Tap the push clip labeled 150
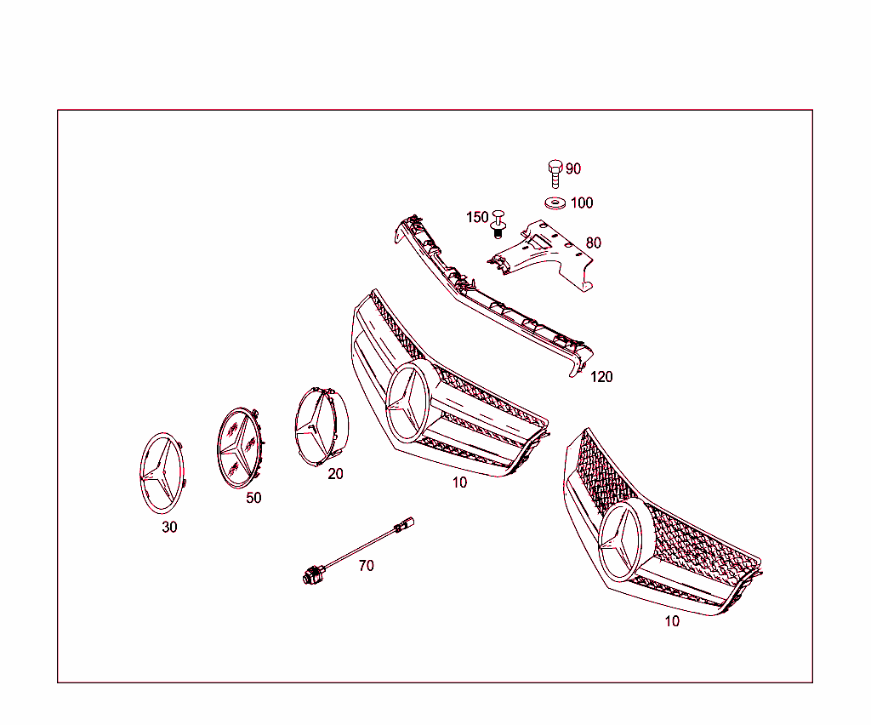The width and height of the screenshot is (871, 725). (498, 223)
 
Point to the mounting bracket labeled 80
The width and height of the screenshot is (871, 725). (544, 251)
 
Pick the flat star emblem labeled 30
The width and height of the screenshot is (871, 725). (162, 472)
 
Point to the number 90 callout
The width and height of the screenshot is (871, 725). (573, 169)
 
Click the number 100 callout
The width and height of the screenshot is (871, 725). (582, 203)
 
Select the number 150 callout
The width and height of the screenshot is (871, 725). (477, 218)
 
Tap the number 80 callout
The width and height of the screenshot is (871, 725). (593, 243)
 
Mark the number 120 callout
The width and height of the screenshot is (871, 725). (601, 377)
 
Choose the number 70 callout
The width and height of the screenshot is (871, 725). (366, 566)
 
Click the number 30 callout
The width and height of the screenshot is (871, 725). (170, 528)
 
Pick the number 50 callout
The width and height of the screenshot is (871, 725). (253, 499)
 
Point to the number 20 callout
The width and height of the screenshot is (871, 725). (336, 474)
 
